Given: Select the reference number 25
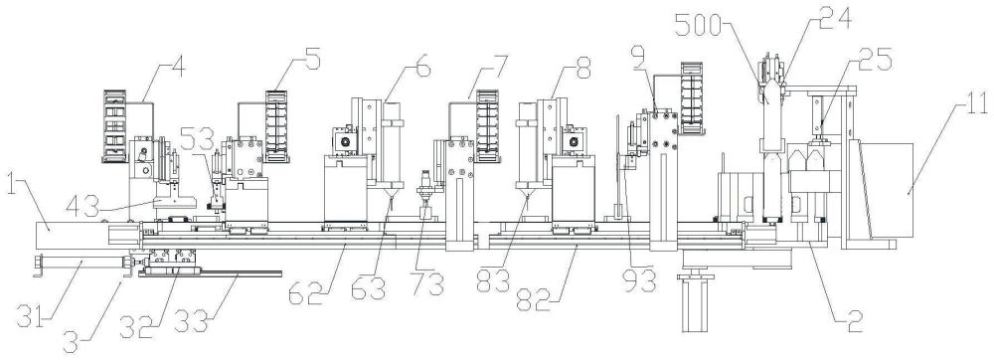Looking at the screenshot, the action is (x=876, y=61).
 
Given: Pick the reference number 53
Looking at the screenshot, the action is (x=198, y=136).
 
